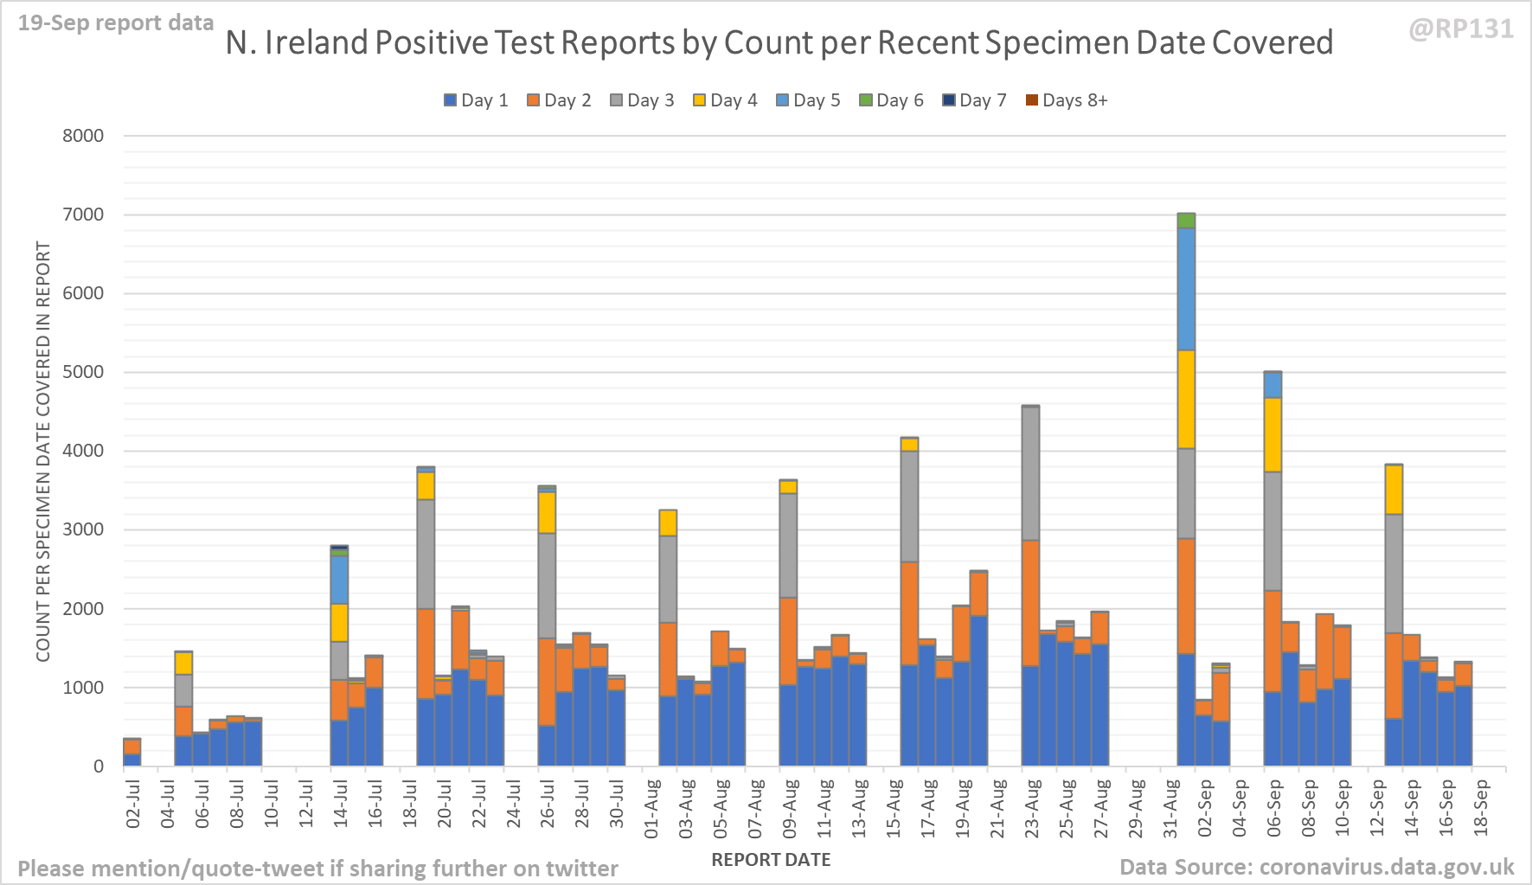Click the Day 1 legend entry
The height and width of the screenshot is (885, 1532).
[x=476, y=100]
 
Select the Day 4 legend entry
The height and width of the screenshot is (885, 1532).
[x=725, y=100]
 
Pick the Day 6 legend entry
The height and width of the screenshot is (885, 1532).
[x=891, y=100]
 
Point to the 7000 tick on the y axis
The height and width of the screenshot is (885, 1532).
[x=82, y=215]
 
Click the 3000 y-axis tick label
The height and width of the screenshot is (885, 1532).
[x=82, y=529]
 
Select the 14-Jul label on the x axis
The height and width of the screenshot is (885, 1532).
[x=340, y=805]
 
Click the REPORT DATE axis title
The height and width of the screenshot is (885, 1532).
[x=771, y=860]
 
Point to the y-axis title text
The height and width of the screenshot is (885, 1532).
[x=43, y=452]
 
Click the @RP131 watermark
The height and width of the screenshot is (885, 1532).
[x=1461, y=29]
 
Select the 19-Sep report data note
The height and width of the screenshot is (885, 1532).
[x=116, y=22]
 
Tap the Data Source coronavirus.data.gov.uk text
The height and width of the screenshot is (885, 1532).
[x=1316, y=867]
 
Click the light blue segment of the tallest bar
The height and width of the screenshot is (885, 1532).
[x=1186, y=289]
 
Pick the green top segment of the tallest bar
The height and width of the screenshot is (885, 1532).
[x=1186, y=221]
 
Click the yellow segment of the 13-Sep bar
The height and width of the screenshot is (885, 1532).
[x=1394, y=490]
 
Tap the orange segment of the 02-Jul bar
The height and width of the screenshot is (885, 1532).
[x=132, y=747]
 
